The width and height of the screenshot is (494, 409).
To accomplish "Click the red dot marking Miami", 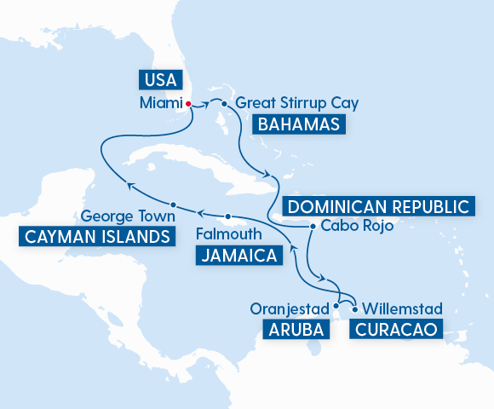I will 188,104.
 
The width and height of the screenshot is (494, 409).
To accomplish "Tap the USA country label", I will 160,81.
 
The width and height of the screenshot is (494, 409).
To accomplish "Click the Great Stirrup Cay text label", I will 296,104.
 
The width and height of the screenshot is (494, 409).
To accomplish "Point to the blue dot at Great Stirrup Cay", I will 224,104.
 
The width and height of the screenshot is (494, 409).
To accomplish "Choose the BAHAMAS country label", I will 299,125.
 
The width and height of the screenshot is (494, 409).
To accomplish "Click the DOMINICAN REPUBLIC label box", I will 377,207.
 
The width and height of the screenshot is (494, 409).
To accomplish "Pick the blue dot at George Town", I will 173,204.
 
